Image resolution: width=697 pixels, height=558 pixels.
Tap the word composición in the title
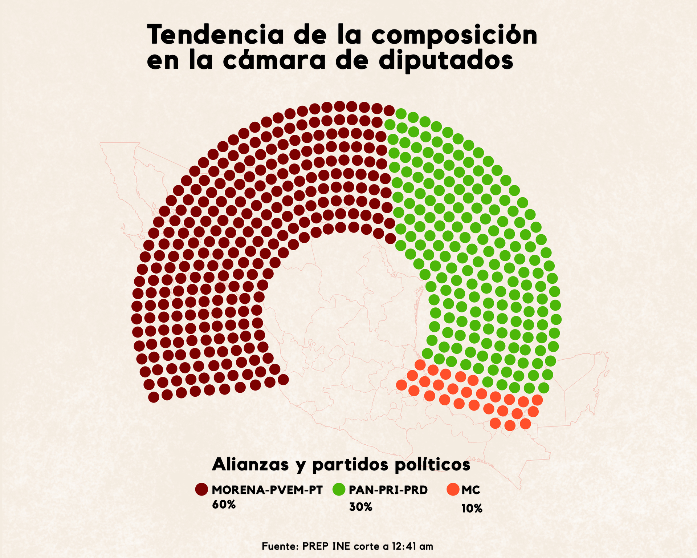coord(454,35)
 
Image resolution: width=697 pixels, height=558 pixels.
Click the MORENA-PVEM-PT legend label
coord(267,490)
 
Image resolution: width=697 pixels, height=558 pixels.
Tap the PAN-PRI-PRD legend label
coord(388,490)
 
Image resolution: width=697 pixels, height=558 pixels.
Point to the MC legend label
coord(471,490)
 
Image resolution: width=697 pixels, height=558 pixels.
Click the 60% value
coord(224,505)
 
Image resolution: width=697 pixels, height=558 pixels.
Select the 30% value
coord(360,507)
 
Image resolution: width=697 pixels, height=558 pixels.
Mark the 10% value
coord(472,509)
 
